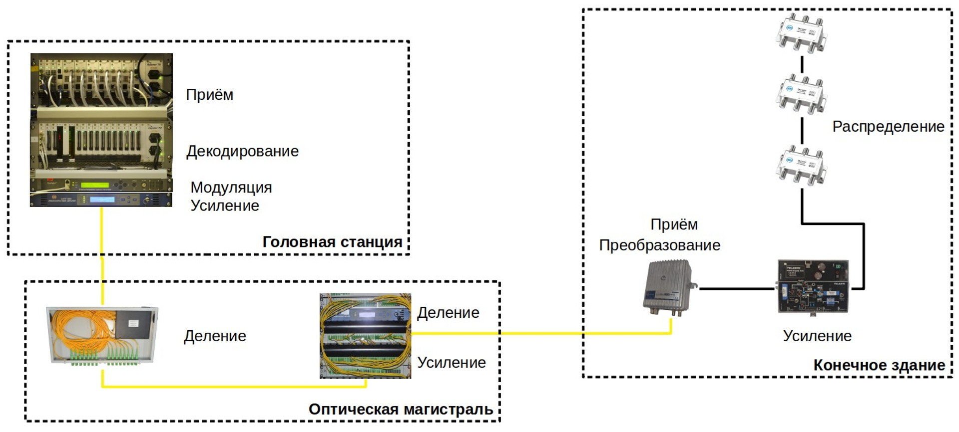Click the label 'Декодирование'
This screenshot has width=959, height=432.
242,151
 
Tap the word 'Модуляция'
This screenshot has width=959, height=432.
231,187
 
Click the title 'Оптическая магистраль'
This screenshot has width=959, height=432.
401,409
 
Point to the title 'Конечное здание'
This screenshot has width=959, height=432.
879,365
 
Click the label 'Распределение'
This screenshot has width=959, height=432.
888,127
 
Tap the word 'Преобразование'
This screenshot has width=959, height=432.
659,245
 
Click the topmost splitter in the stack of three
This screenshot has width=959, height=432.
801,33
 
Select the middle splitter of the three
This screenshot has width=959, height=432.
801,95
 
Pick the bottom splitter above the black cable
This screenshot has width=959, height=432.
801,166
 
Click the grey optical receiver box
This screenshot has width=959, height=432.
669,288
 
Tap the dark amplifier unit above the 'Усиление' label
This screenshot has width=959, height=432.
813,287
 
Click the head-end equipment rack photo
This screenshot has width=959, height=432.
101,130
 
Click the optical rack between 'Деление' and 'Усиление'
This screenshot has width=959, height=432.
365,336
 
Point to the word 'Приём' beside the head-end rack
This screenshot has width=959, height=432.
209,95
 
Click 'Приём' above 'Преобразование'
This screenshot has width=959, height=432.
674,224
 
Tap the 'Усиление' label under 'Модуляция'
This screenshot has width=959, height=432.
225,206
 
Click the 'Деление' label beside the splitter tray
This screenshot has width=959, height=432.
215,336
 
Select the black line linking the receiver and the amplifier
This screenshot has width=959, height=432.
737,288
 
